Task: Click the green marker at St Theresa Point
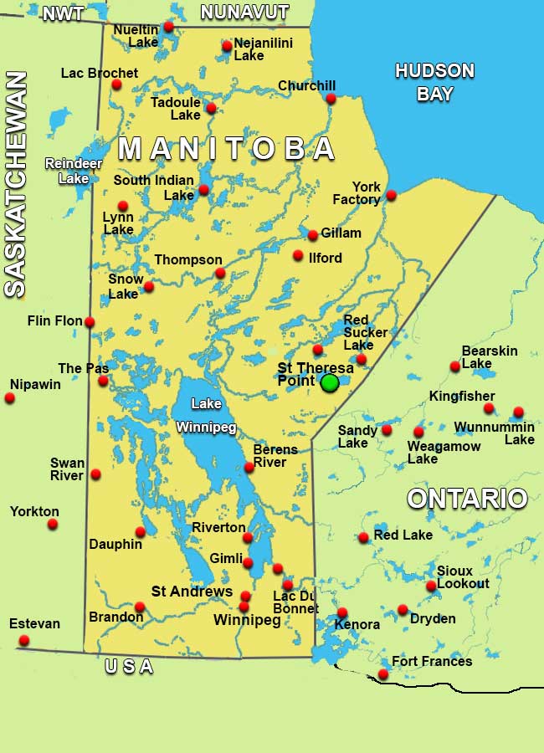tap(330, 382)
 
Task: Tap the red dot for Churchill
tap(331, 99)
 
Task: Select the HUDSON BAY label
tap(434, 82)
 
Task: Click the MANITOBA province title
tap(227, 149)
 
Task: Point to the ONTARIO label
tap(467, 499)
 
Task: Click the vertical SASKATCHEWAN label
tap(15, 184)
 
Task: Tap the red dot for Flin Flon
tap(90, 322)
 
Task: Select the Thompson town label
tap(188, 260)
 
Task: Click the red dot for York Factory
tap(391, 196)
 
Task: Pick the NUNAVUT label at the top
tap(244, 13)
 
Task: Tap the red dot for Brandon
tap(140, 607)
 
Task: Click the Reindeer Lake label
tap(67, 171)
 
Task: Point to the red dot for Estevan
tap(24, 641)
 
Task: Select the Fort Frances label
tap(432, 662)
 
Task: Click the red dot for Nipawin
tap(10, 398)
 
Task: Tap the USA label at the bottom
tap(129, 667)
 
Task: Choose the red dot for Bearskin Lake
tap(455, 366)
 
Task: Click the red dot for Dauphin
tap(141, 532)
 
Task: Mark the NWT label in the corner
tap(63, 13)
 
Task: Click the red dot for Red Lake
tap(363, 538)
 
